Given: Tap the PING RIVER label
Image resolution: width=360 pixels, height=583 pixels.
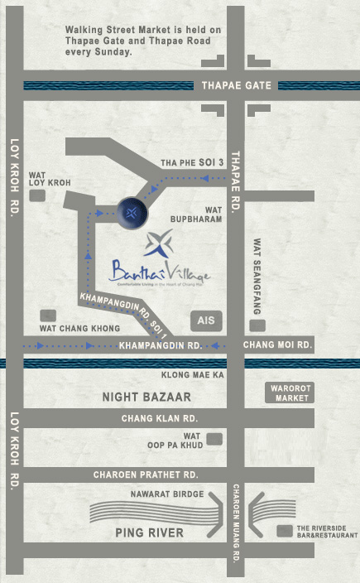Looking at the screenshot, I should click(150, 532).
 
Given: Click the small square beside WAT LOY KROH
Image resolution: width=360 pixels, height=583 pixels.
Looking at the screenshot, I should click(37, 195).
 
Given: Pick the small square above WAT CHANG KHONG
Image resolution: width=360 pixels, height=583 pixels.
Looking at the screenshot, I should click(49, 316).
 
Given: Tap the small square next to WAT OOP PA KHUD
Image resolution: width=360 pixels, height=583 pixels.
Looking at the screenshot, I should click(216, 440).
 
